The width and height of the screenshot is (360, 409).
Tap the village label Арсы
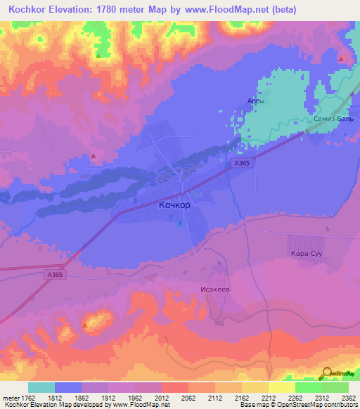(255, 101)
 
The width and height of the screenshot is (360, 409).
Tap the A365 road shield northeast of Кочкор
(242, 163)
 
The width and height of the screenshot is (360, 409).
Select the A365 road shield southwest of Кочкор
(58, 275)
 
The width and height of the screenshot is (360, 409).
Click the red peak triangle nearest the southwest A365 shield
(86, 324)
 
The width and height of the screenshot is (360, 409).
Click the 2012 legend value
(162, 397)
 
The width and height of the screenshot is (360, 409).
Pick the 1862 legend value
(82, 397)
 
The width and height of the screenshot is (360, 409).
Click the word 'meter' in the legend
(11, 397)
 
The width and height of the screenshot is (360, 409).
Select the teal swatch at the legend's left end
(41, 387)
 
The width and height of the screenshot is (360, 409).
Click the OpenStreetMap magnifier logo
(327, 374)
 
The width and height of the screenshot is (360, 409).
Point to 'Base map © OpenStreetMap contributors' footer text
(302, 405)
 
